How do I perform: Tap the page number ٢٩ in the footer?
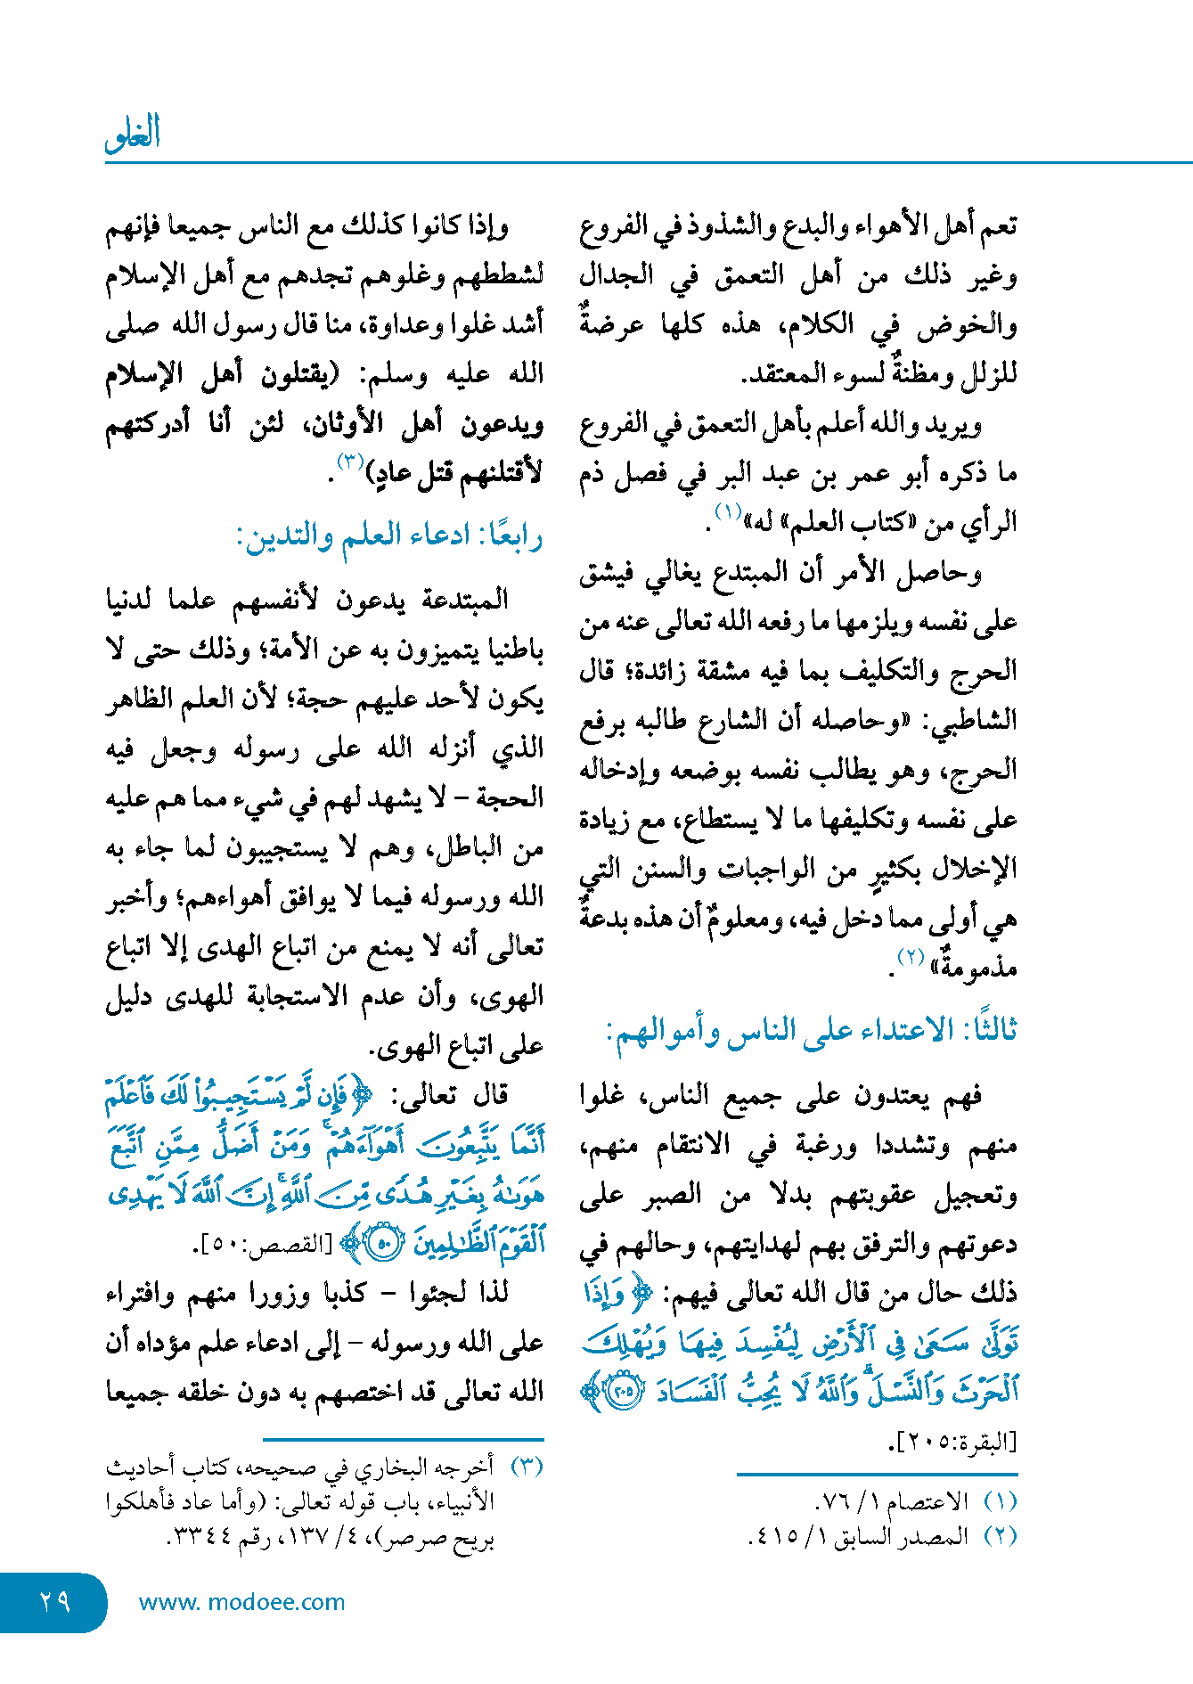[54, 1602]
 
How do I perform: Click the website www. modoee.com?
[241, 1602]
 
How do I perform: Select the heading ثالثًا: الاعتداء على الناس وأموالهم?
[811, 1031]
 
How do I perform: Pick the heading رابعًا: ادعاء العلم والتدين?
[389, 537]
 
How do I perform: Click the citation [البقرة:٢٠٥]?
[952, 1443]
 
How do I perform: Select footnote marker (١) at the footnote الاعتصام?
[1000, 1501]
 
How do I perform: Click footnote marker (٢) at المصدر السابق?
[1000, 1536]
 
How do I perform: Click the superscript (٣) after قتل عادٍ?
[349, 462]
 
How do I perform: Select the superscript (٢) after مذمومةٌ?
[911, 957]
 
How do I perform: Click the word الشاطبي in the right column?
[975, 721]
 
